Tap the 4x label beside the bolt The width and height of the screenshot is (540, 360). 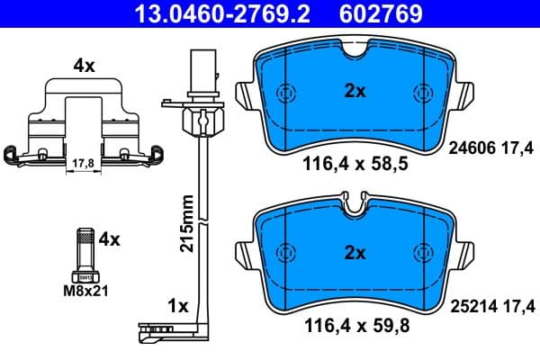pos(109,239)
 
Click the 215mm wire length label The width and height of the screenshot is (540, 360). pos(187,226)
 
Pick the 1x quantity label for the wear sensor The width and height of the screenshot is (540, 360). pos(177,307)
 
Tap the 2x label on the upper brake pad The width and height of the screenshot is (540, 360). pos(355,90)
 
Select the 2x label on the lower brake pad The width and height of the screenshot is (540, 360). pos(355,254)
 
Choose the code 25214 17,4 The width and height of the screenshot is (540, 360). pos(490,307)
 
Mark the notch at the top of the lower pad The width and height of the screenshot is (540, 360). pos(356,206)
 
